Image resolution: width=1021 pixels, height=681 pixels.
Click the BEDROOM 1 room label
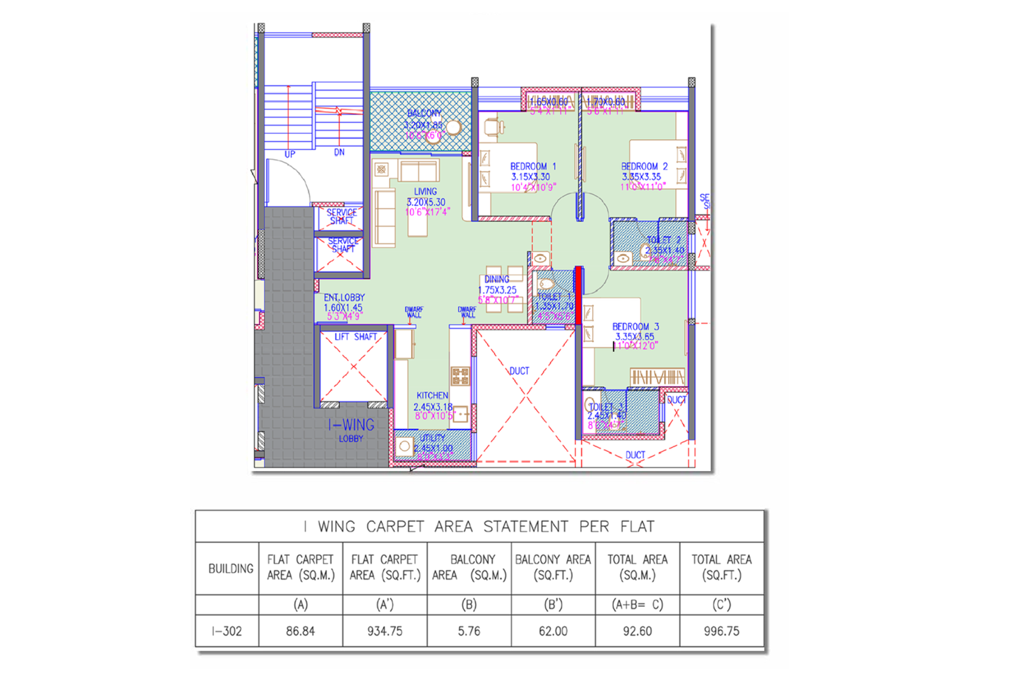click(533, 167)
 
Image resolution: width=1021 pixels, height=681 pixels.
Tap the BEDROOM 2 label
click(644, 167)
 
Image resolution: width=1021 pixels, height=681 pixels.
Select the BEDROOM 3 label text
click(635, 327)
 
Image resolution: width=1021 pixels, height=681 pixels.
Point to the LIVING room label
click(425, 191)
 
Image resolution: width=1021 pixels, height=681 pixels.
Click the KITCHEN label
click(432, 396)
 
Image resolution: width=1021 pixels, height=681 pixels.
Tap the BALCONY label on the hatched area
click(424, 113)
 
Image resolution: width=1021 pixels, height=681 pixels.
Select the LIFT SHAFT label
click(355, 336)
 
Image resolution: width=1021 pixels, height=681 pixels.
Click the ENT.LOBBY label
click(344, 297)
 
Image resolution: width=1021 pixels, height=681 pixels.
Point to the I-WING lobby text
click(351, 425)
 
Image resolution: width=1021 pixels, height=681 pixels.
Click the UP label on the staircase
click(290, 154)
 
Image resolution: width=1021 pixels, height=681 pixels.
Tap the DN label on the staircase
click(339, 153)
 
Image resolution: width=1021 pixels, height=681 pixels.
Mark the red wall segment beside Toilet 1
click(578, 296)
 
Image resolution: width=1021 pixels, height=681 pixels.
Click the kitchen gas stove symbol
click(460, 375)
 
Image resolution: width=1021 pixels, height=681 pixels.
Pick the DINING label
click(496, 280)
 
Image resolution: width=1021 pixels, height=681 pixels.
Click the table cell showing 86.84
click(300, 631)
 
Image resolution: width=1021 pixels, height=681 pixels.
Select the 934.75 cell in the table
click(385, 631)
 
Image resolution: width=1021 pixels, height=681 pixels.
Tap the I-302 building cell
click(227, 631)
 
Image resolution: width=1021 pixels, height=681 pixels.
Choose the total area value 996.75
click(722, 631)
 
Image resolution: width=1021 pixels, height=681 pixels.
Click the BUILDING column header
click(230, 569)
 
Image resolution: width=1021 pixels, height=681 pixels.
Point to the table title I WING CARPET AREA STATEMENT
click(479, 527)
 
